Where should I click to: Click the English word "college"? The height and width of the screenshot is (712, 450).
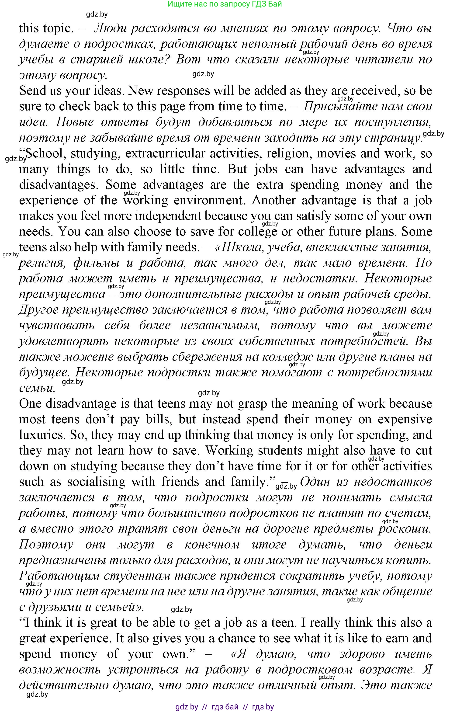pyautogui.click(x=257, y=232)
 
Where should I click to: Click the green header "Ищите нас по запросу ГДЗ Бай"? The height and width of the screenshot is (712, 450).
pyautogui.click(x=225, y=4)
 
